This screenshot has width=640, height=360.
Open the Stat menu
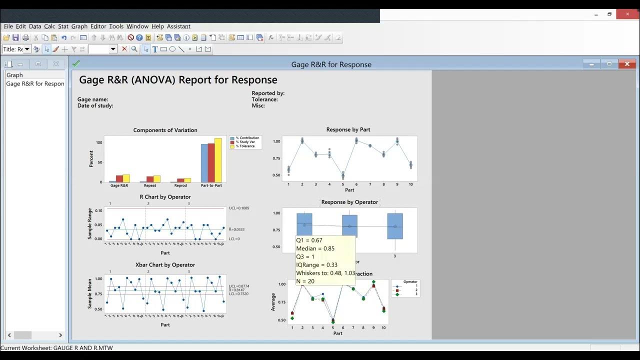63,26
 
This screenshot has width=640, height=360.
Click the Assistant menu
178,26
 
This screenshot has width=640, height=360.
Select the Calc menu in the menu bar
49,26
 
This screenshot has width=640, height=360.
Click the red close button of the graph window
627,64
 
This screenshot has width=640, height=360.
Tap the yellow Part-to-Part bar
218,160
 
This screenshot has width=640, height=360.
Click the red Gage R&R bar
119,178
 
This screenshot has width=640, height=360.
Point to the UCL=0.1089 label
238,208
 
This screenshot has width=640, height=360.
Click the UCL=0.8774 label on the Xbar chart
238,286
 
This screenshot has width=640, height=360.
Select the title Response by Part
348,129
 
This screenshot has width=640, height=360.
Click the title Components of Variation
165,130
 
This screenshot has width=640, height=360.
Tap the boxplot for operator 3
395,226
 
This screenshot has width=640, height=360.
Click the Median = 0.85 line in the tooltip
315,248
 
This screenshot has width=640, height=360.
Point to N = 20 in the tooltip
305,281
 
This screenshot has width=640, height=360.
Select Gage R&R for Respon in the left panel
35,83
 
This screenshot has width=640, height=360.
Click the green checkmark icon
76,63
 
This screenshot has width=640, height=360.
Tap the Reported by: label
268,93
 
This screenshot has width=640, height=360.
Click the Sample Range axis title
90,224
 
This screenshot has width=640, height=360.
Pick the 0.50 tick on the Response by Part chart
276,175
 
